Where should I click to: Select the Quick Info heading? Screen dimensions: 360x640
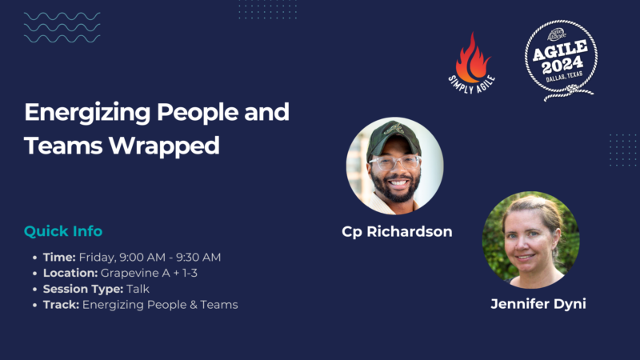click(x=63, y=231)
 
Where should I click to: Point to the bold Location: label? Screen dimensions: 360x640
click(x=70, y=273)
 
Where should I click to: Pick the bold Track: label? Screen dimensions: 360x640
click(x=61, y=305)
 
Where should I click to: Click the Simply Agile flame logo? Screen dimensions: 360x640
click(x=473, y=60)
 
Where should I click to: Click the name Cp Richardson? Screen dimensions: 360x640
click(x=397, y=232)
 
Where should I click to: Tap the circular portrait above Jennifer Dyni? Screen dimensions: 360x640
click(x=531, y=239)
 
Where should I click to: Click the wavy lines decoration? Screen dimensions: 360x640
click(x=62, y=27)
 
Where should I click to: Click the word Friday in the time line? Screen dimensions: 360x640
click(x=97, y=257)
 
